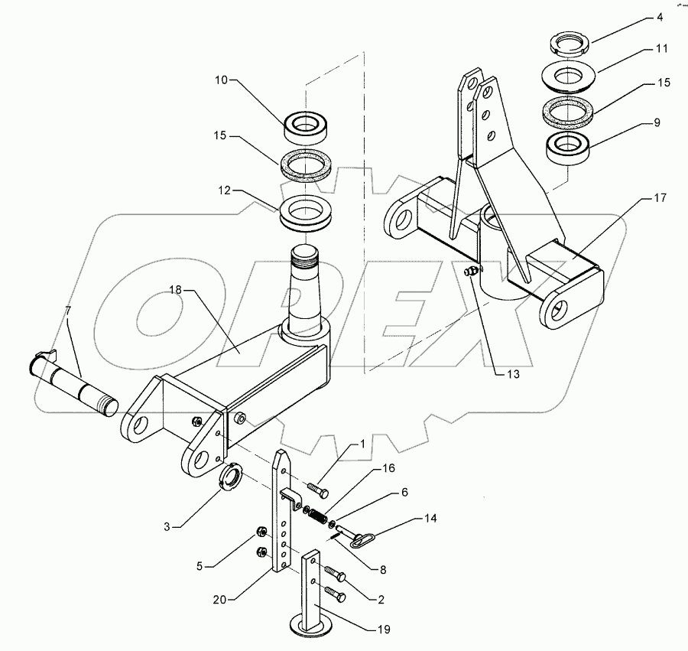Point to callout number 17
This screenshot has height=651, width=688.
(660, 198)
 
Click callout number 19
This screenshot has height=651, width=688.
(383, 630)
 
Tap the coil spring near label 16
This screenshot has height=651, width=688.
(314, 516)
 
